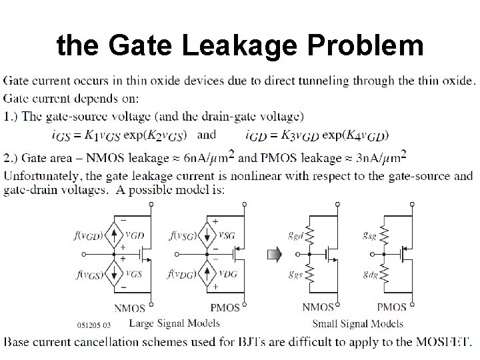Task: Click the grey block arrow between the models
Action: coord(274,254)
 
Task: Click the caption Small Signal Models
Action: coord(357,324)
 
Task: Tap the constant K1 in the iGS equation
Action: coord(90,135)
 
